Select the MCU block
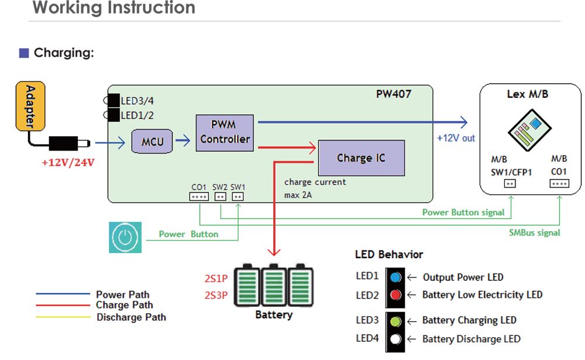click(x=153, y=142)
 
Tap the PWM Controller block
click(x=225, y=132)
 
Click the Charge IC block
click(x=361, y=158)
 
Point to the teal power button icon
click(x=125, y=237)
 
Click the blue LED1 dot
click(x=395, y=277)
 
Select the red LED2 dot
click(x=395, y=295)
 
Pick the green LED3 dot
click(x=395, y=321)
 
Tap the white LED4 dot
click(x=395, y=339)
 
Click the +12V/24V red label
click(x=68, y=163)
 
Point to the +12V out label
click(x=456, y=138)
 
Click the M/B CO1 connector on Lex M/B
click(x=559, y=183)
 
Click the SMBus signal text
click(x=534, y=232)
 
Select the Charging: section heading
click(x=63, y=53)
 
